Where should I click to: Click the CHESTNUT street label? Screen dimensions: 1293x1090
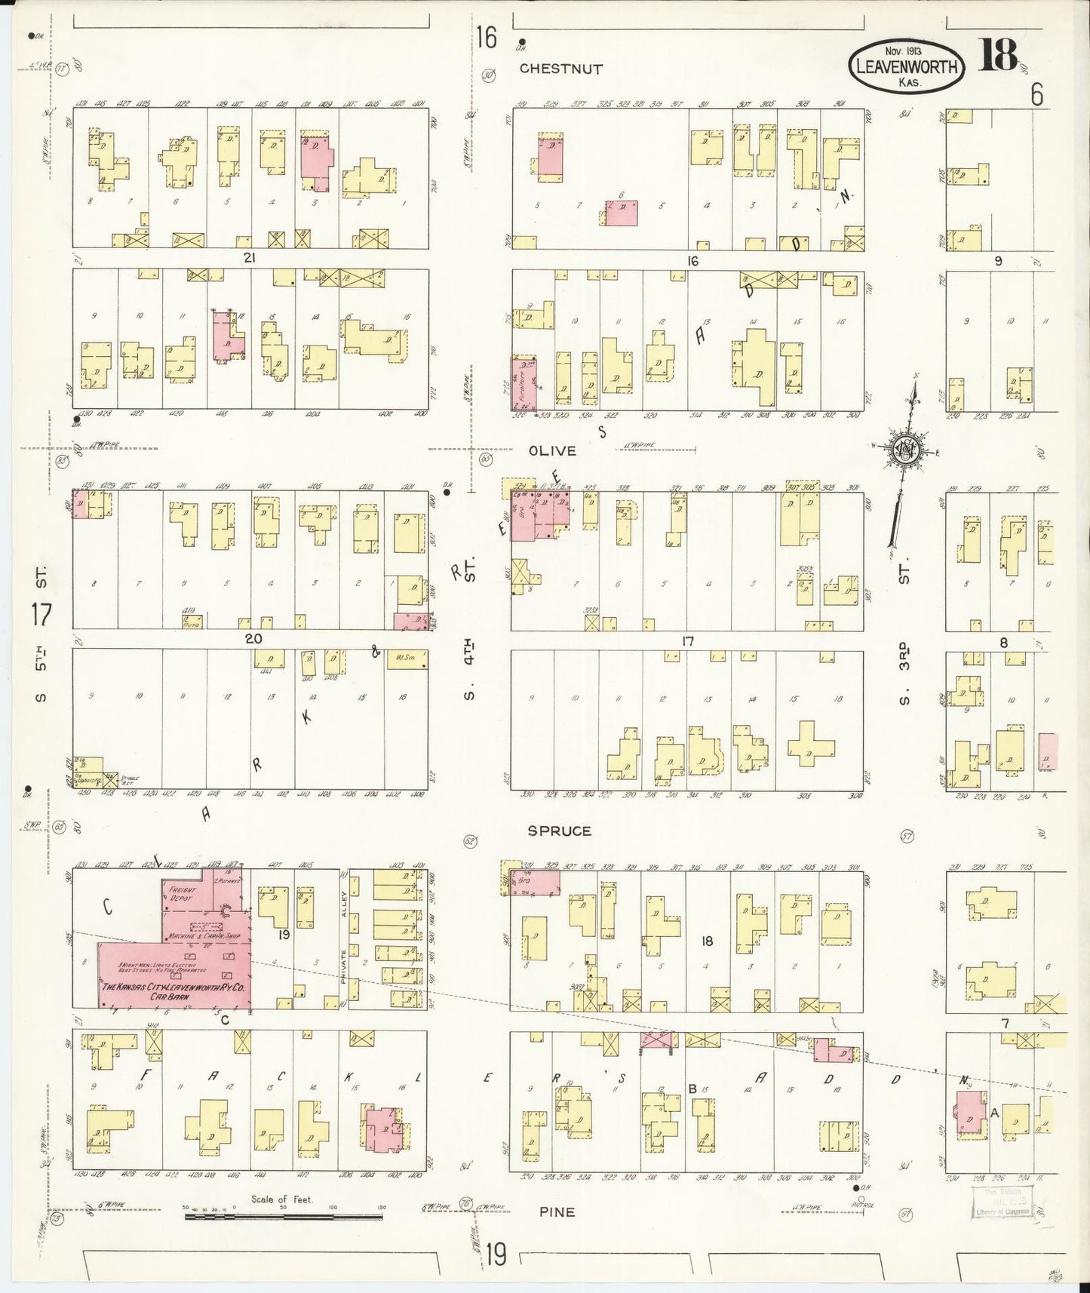[560, 69]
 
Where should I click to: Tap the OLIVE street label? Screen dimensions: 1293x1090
[552, 450]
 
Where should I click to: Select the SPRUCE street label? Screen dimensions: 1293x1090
[559, 831]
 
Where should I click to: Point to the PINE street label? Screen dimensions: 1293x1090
[557, 1212]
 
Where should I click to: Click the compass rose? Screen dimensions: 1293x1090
[904, 450]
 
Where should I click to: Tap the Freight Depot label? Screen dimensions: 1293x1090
[182, 894]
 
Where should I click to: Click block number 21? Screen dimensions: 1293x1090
[250, 258]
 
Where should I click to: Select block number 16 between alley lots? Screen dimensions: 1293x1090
[692, 261]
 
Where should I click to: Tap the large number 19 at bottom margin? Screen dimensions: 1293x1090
[495, 1256]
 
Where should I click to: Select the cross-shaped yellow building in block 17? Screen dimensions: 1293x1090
[812, 743]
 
